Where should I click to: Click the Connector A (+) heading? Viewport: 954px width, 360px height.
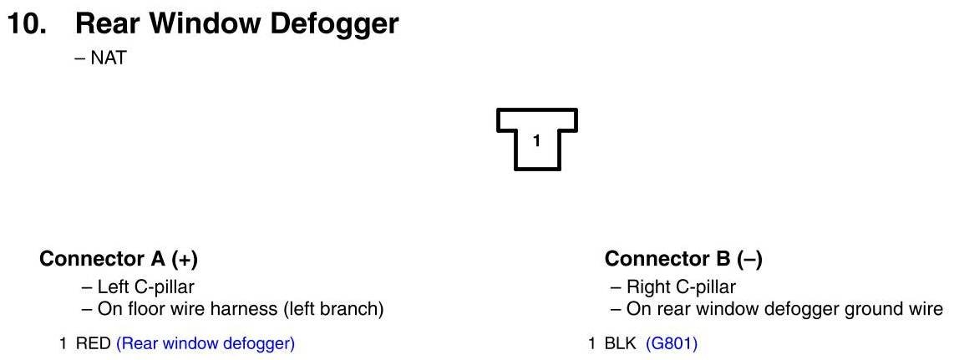pos(119,259)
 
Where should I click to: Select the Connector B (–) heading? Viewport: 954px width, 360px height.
pos(683,259)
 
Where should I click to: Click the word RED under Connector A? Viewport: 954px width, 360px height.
pos(94,343)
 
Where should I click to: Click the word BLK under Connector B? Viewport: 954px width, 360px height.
pos(621,343)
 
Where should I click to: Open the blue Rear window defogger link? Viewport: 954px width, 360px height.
pos(206,343)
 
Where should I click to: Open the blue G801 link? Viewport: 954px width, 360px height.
pos(672,343)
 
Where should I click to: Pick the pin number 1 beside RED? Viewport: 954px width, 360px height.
pos(63,343)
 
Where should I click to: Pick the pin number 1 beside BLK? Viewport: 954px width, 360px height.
pos(592,343)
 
